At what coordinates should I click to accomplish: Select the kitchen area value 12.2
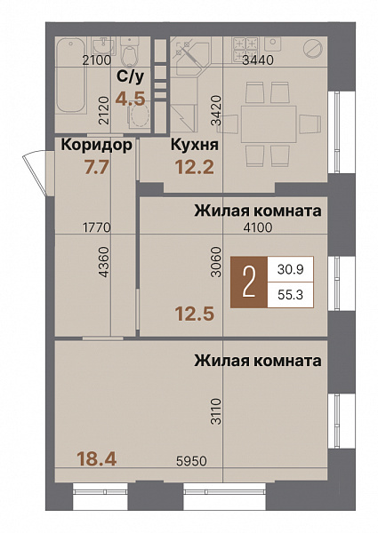click(193, 166)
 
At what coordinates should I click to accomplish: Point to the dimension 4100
click(260, 228)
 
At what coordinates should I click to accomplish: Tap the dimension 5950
click(189, 463)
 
